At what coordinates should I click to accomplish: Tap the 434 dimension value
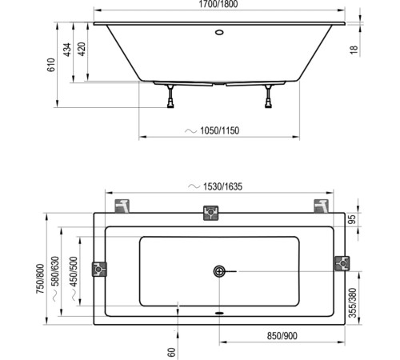(70, 51)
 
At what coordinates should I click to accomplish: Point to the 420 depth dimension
(82, 51)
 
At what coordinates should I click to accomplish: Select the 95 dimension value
(353, 218)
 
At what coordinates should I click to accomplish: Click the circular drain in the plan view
(219, 271)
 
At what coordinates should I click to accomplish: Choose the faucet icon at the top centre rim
(211, 213)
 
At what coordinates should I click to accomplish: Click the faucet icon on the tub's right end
(340, 265)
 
